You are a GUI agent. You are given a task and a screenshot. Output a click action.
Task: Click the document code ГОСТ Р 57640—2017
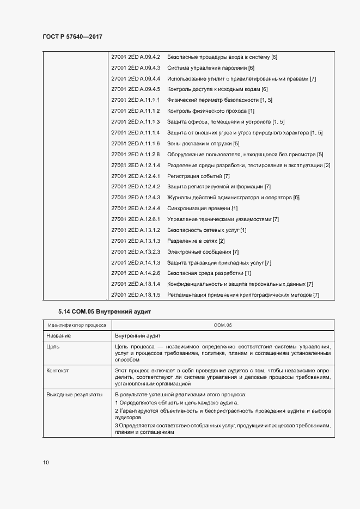tap(72, 36)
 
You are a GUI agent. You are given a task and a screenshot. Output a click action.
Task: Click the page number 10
tap(46, 462)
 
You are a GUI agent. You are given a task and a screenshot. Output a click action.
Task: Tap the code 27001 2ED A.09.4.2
tap(135, 57)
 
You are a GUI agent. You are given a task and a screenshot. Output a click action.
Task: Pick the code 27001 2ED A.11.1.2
tap(135, 111)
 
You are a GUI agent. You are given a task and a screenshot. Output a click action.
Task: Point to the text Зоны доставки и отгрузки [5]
tap(203, 144)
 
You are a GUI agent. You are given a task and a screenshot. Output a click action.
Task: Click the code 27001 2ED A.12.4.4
tap(135, 208)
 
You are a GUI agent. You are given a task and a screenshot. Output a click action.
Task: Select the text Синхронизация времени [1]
tap(202, 208)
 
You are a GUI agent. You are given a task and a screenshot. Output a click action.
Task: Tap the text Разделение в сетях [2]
tap(196, 241)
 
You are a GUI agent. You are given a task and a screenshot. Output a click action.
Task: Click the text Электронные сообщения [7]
tap(203, 252)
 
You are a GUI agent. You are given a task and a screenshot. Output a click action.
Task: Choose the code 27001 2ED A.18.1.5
tap(135, 295)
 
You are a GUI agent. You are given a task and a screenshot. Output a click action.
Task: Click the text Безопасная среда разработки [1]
tap(209, 273)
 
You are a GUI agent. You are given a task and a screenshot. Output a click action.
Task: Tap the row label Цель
tap(53, 346)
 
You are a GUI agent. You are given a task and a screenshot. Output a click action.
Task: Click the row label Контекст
tap(58, 370)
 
